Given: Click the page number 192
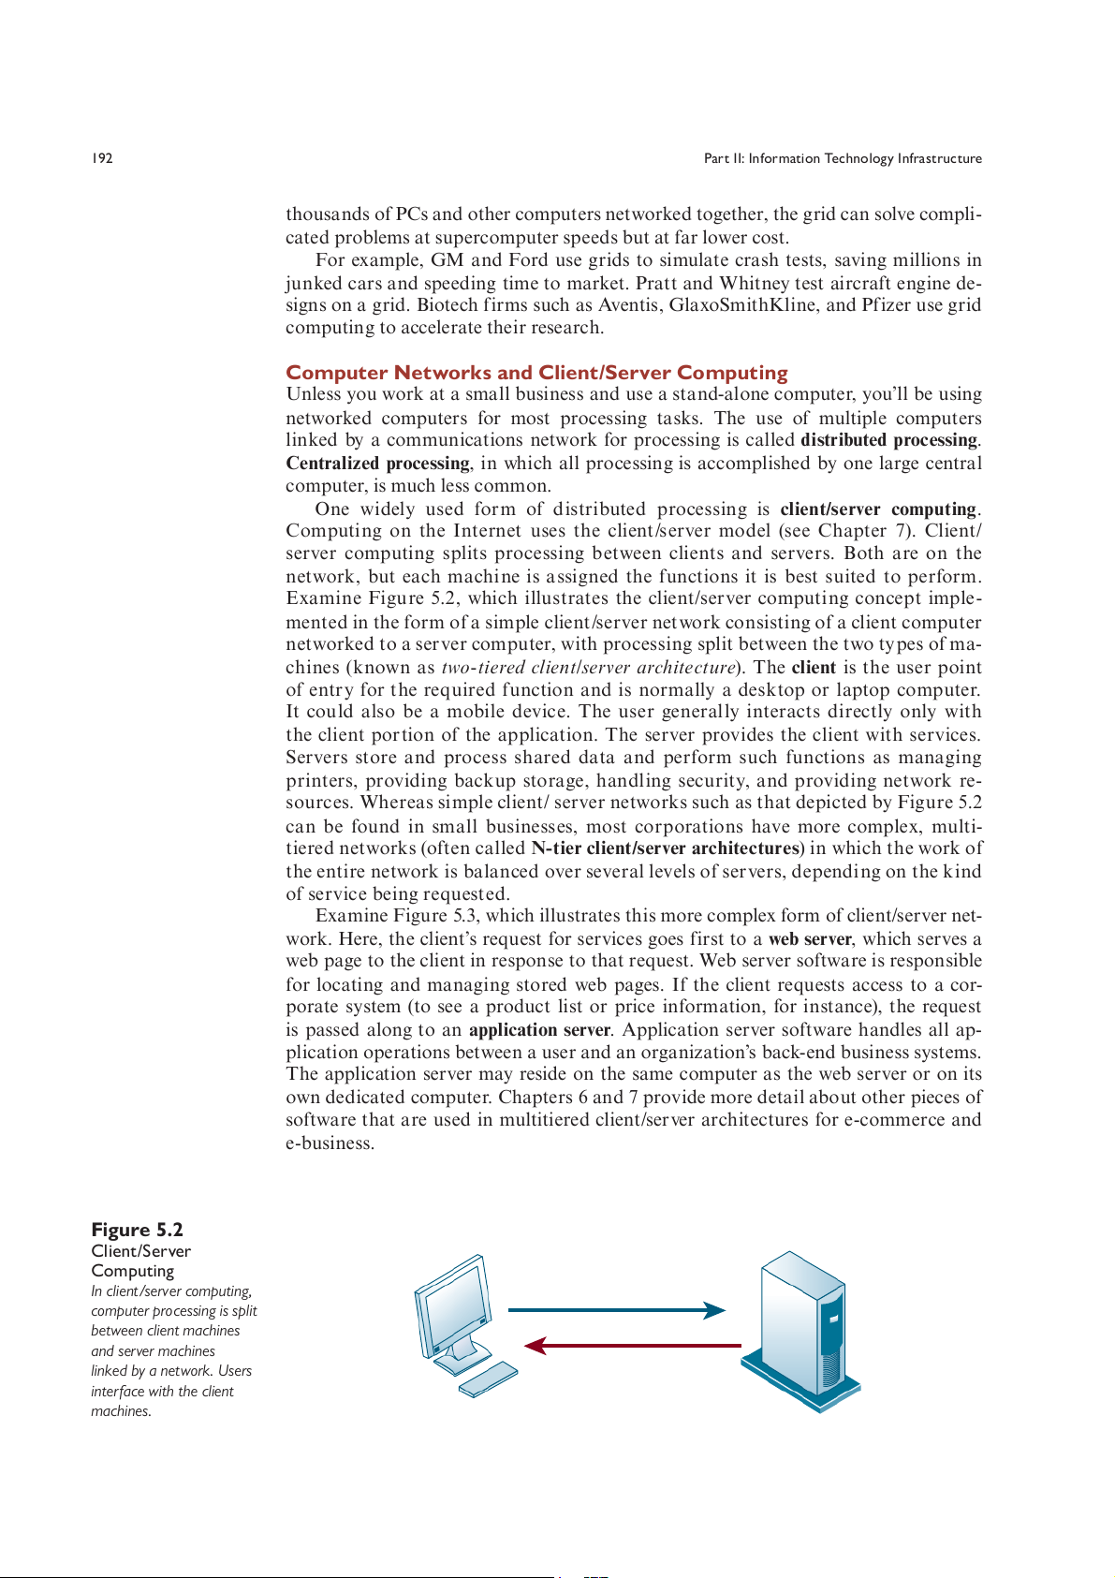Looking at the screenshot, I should (102, 158).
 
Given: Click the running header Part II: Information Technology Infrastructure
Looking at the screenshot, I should (843, 158).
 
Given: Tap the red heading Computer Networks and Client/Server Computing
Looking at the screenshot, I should (536, 373).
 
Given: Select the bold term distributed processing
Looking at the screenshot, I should (888, 440).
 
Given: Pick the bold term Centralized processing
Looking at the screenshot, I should (377, 464).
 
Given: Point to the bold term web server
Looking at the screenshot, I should (810, 939).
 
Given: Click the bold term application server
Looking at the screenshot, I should (539, 1030).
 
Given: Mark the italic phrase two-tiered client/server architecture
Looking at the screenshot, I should (588, 668).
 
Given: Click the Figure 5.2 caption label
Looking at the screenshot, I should (137, 1230).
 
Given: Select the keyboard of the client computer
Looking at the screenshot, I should (488, 1379).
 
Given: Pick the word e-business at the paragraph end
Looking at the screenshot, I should (330, 1143).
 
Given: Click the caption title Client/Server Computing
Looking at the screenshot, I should (140, 1261).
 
